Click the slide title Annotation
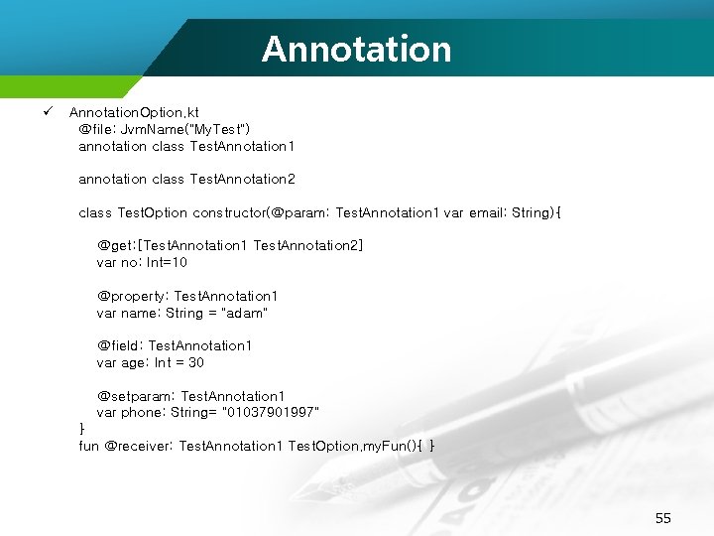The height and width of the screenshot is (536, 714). pos(356,49)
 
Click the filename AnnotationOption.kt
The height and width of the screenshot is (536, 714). pos(134,113)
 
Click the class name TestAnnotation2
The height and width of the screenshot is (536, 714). pos(243,180)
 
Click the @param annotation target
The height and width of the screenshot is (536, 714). pos(300,213)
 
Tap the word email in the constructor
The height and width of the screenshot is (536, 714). pos(487,213)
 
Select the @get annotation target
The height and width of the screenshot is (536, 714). pos(117,245)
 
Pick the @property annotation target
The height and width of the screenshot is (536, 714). pos(133,297)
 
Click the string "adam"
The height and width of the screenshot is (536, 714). pos(245,314)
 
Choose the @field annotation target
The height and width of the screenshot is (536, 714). pos(120,345)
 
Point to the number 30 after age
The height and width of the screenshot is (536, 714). pos(196,363)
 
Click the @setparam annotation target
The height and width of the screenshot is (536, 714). pos(136,396)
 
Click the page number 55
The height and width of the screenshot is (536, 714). pos(663,518)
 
